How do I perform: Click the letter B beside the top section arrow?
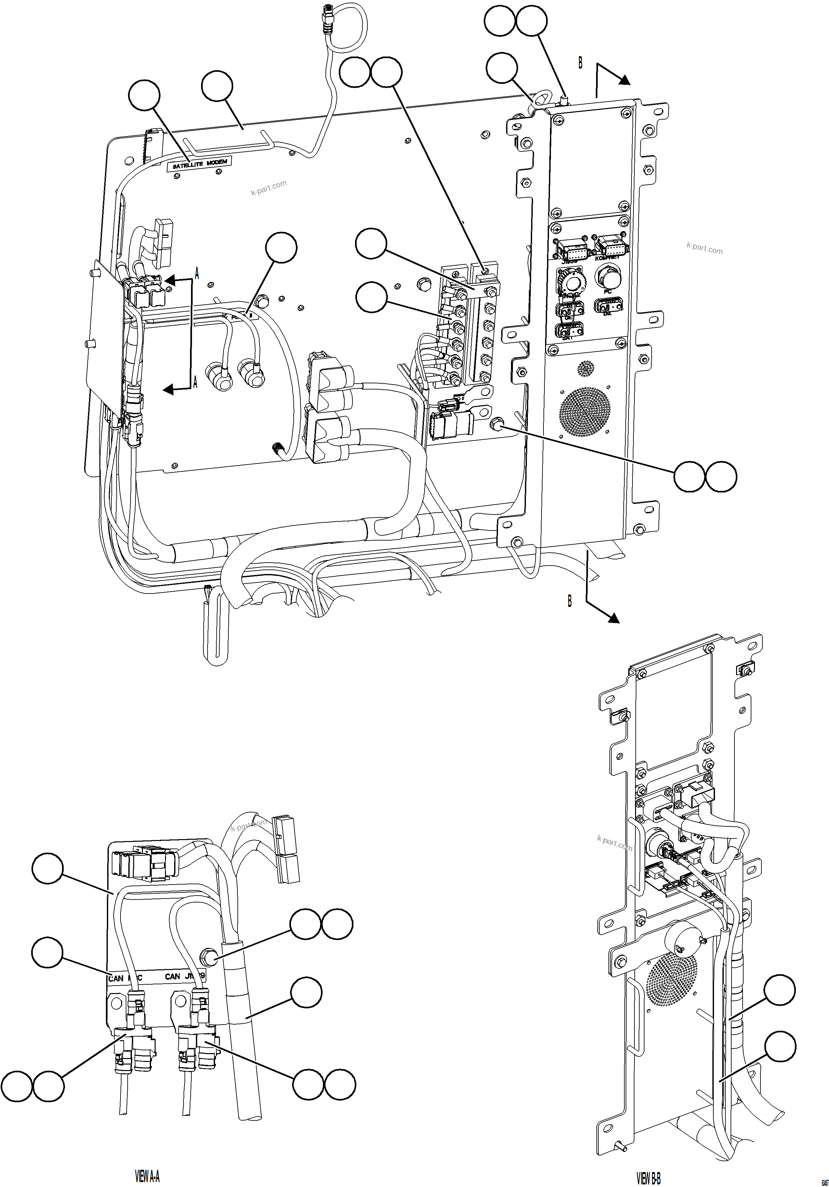pos(580,63)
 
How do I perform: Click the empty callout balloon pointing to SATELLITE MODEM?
pos(144,95)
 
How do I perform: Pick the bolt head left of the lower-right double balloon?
pos(496,424)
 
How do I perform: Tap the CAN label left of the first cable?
pos(115,978)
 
